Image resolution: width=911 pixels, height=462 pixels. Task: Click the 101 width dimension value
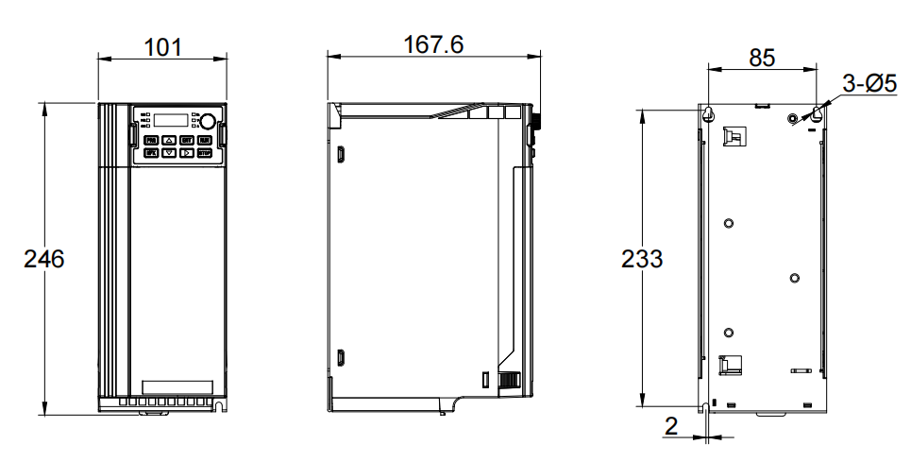pos(161,46)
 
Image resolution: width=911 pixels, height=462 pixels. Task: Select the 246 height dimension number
pos(43,259)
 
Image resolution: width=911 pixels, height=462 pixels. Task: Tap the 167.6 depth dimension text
pos(433,44)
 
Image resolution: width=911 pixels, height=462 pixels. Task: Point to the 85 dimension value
pos(762,57)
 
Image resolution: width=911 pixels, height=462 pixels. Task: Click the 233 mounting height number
pos(642,259)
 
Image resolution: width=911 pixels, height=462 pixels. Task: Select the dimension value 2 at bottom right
pos(671,426)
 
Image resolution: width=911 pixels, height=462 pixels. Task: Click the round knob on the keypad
pos(207,120)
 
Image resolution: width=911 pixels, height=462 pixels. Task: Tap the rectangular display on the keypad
pos(171,120)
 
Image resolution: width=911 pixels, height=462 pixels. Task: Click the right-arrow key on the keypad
pos(187,151)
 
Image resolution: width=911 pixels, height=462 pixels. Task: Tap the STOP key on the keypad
pos(204,152)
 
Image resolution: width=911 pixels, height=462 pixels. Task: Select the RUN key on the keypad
pos(204,140)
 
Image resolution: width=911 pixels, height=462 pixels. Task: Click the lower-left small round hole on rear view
pos(728,332)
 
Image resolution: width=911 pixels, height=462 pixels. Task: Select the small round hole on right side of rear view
pos(794,278)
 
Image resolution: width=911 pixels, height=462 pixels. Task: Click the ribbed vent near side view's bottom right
pos(509,380)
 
